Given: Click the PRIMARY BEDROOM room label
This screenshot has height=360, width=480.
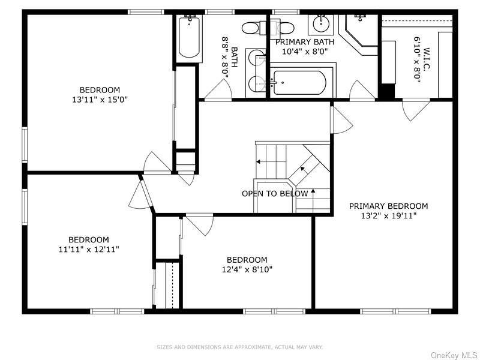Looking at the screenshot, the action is pyautogui.click(x=388, y=206).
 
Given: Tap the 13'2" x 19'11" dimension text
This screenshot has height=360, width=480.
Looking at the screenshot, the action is pyautogui.click(x=389, y=216).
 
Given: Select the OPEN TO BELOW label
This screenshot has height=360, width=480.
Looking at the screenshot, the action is pyautogui.click(x=275, y=193).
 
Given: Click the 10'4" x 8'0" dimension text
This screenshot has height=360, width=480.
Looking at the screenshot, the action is pyautogui.click(x=305, y=51).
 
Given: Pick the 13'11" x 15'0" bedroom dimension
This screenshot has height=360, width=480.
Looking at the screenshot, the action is pyautogui.click(x=100, y=100).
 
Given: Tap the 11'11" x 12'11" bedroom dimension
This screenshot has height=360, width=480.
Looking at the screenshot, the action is pyautogui.click(x=89, y=249).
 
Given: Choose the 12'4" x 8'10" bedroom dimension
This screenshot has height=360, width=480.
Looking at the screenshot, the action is pyautogui.click(x=247, y=269).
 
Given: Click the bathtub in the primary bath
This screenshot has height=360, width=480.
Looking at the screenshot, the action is pyautogui.click(x=299, y=83).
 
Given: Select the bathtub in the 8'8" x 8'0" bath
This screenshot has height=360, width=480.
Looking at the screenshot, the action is pyautogui.click(x=189, y=37).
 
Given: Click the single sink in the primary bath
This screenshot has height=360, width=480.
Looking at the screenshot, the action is pyautogui.click(x=321, y=23).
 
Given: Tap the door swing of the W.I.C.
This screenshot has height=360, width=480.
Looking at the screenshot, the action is pyautogui.click(x=416, y=109).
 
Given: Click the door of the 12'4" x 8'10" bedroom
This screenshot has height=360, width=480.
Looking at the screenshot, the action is pyautogui.click(x=199, y=225).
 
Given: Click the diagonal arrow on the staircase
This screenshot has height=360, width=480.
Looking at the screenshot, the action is pyautogui.click(x=303, y=169).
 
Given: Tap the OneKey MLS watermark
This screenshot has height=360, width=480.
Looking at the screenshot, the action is pyautogui.click(x=454, y=355).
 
